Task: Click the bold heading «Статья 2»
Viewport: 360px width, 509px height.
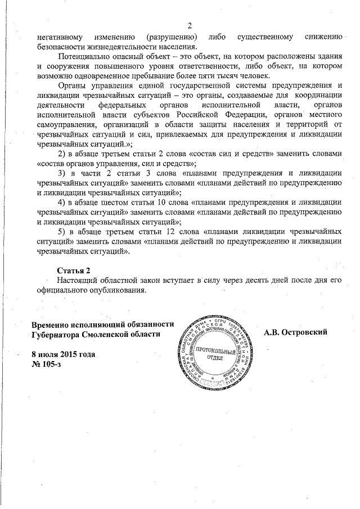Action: pos(74,271)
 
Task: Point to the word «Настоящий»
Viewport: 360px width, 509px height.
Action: pos(82,281)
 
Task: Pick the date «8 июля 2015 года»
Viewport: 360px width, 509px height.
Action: pos(63,354)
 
